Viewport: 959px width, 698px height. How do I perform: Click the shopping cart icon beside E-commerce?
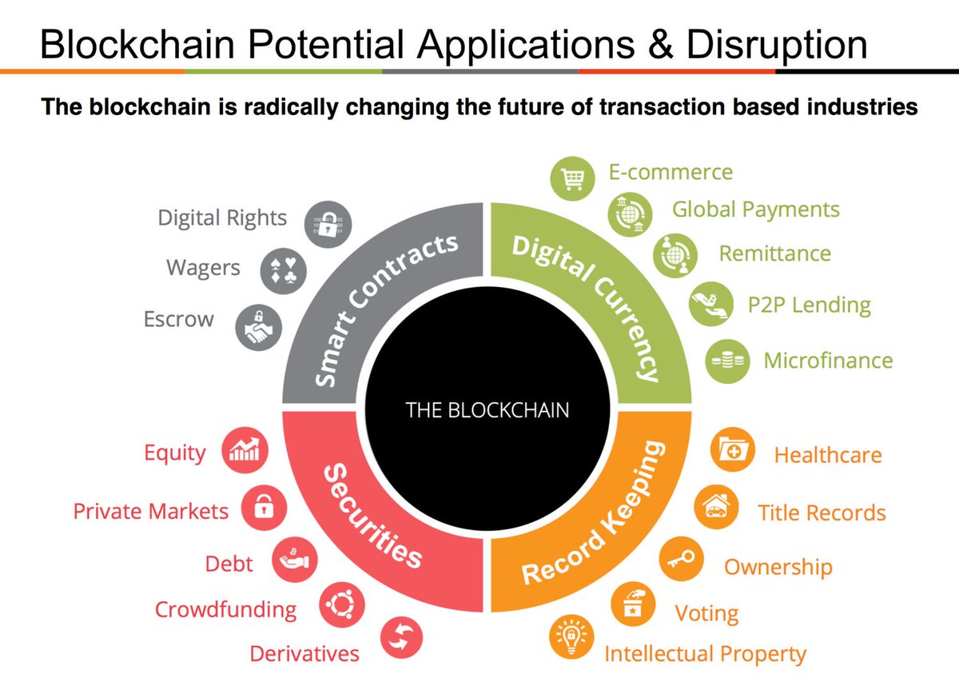(573, 180)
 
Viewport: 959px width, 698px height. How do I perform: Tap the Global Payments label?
(755, 209)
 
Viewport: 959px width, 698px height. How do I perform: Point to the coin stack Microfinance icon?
(726, 361)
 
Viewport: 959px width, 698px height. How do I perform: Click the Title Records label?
(822, 513)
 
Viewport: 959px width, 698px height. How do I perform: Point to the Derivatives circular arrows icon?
(401, 638)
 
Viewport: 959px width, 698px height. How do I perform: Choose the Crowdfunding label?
(225, 610)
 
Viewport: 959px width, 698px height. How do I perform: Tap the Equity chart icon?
(244, 452)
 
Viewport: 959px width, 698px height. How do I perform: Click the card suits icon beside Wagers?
(284, 272)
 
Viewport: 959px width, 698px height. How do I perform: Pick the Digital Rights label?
(222, 217)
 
